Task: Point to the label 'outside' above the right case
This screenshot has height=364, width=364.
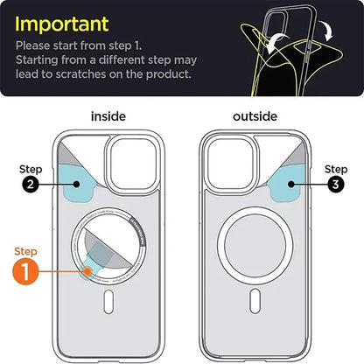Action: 254,116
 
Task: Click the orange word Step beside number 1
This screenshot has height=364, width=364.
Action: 28,250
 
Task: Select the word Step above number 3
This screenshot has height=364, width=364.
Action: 335,168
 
